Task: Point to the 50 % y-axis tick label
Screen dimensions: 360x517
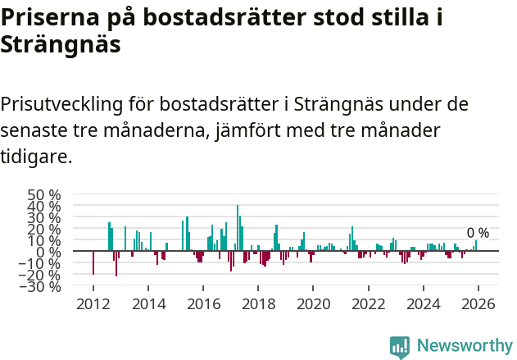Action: (44, 195)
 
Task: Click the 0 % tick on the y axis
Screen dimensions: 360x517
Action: (50, 252)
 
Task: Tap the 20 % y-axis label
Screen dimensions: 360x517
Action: (44, 230)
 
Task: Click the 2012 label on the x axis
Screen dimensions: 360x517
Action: (93, 304)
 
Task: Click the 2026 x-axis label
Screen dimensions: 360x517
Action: (478, 304)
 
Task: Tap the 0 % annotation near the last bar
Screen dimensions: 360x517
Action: (478, 234)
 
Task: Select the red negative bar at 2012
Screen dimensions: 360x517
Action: (93, 262)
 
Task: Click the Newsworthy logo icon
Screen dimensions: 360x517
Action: (400, 346)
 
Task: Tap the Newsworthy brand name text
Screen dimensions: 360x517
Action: (464, 346)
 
